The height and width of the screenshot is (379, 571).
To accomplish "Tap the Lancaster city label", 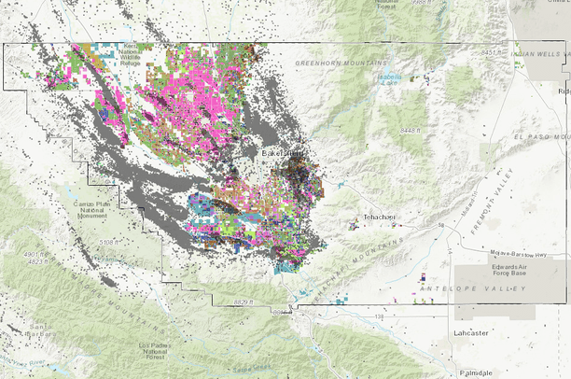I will coord(473,331).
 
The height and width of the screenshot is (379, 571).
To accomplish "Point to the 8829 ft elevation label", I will coord(244,302).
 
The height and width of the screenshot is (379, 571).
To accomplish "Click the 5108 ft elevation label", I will coord(110,242).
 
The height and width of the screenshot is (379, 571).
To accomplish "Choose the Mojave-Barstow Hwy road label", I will coord(509,253).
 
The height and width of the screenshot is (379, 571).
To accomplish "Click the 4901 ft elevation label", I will coord(33,253).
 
